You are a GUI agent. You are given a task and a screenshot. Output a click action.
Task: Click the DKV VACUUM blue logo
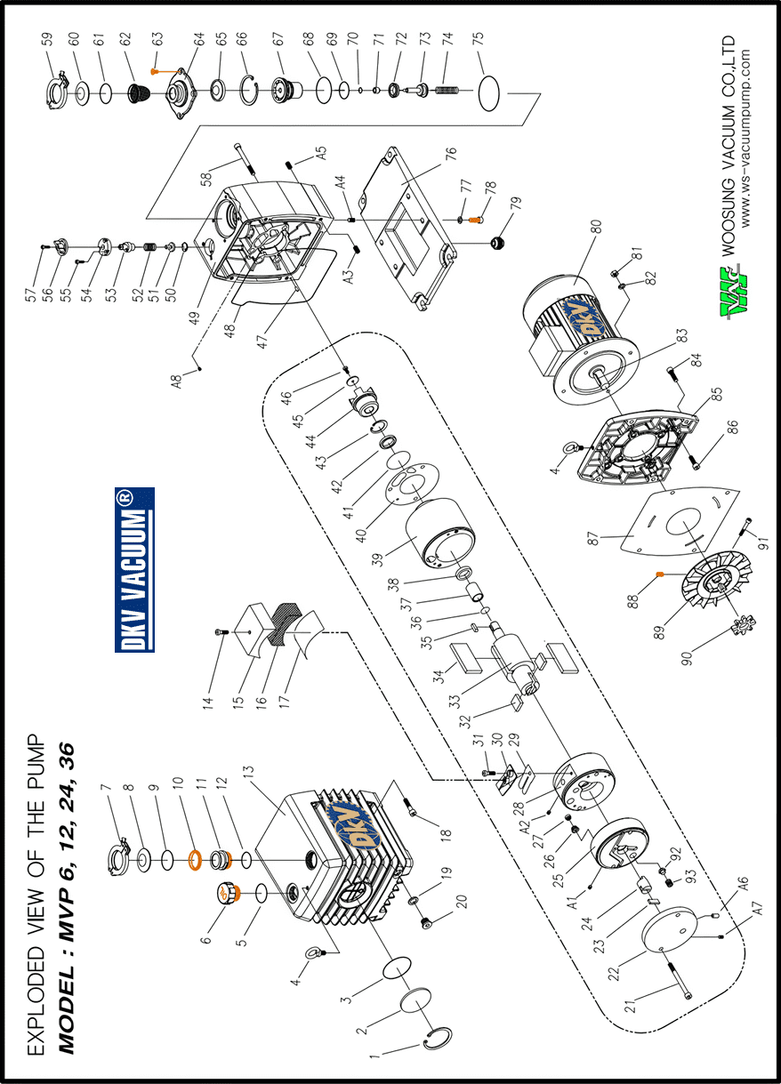click(x=134, y=569)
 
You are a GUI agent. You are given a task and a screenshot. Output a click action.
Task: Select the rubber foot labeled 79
click(x=498, y=241)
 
